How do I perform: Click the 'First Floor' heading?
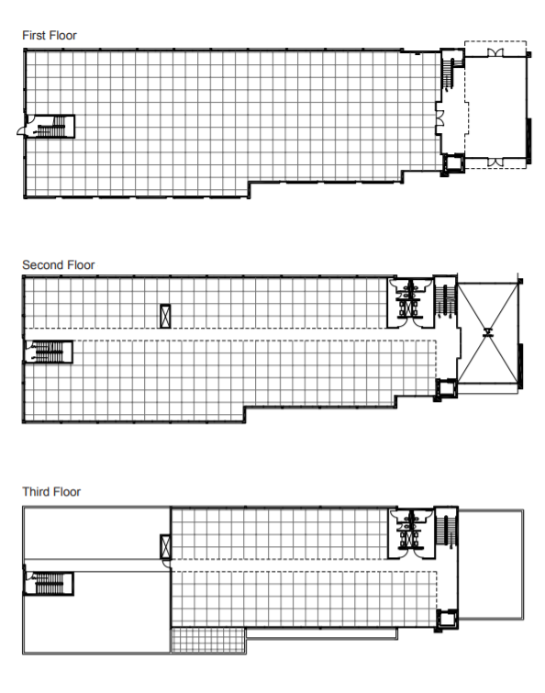tap(50, 36)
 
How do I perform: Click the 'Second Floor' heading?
tap(59, 264)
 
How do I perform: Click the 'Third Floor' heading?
tap(51, 491)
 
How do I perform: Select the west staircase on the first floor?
tap(50, 127)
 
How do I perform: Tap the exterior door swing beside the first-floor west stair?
tap(22, 130)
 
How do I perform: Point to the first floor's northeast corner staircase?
tap(451, 70)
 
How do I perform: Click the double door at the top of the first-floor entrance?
tap(495, 52)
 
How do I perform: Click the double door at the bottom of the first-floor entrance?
tap(495, 162)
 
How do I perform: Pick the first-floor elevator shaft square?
tap(453, 162)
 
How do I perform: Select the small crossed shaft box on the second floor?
tap(165, 316)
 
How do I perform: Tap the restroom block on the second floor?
tap(410, 303)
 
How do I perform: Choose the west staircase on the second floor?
tap(49, 352)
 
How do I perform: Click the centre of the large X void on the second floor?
tap(487, 333)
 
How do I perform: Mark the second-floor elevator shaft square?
tap(446, 388)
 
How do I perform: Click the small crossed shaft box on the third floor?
tap(166, 547)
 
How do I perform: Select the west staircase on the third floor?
tap(49, 584)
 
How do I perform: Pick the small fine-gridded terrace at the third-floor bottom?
tap(208, 640)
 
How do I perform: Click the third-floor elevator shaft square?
tap(447, 619)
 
